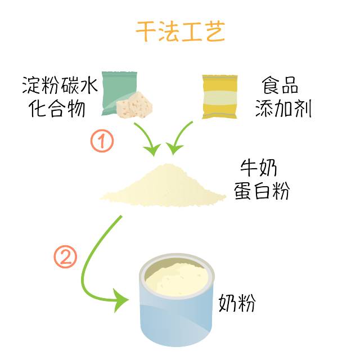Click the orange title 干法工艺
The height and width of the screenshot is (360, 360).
pyautogui.click(x=180, y=32)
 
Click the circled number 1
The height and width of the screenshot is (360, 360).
pyautogui.click(x=102, y=141)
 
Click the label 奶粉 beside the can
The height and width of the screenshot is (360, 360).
pyautogui.click(x=237, y=303)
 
